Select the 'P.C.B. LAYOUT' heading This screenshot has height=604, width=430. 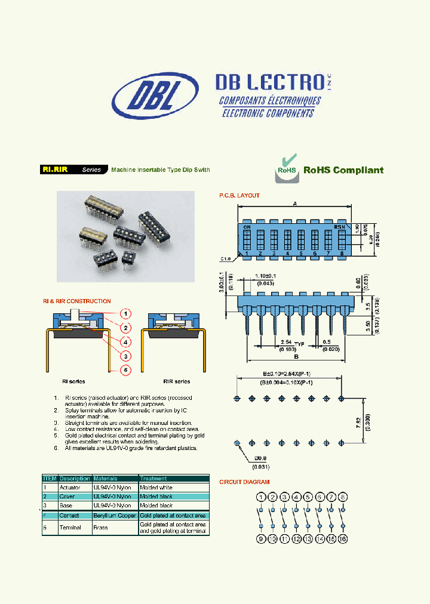tap(239, 196)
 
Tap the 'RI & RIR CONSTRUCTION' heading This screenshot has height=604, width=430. tap(76, 301)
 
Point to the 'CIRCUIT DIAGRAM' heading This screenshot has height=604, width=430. tap(244, 482)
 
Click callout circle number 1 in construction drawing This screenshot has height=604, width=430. tap(125, 313)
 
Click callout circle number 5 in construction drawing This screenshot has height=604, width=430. tap(125, 370)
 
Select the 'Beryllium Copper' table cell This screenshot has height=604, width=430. tap(115, 515)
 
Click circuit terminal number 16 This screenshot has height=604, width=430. tap(343, 539)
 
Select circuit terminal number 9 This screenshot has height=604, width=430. tap(261, 539)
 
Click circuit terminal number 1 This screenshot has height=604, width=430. tap(261, 497)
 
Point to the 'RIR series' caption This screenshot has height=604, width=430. tap(176, 381)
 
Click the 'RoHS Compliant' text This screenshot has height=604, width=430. tap(343, 170)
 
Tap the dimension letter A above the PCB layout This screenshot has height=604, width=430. tap(295, 203)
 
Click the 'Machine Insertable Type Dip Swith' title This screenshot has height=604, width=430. tap(160, 170)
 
